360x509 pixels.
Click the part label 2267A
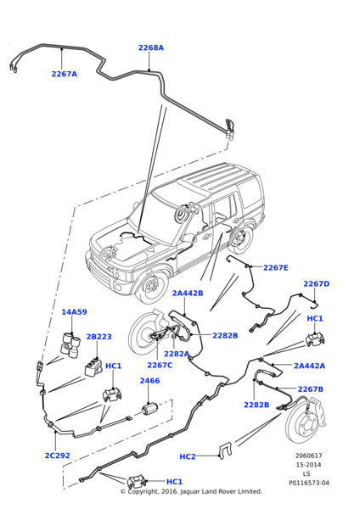tap(65, 75)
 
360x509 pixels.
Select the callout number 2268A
tap(151, 48)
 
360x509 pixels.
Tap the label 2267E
tap(275, 267)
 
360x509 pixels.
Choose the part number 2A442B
tap(188, 294)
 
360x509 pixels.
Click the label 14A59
tap(74, 312)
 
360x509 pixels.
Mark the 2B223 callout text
tap(98, 337)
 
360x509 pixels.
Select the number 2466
tap(149, 381)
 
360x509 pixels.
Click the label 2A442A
tap(309, 366)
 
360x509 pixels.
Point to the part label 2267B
tap(310, 389)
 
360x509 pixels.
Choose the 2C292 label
tap(57, 456)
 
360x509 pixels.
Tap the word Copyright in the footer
tap(148, 491)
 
